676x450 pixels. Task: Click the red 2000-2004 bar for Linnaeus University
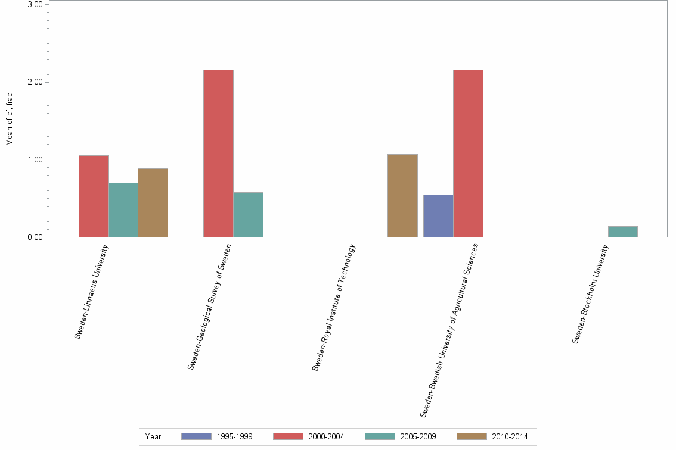94,196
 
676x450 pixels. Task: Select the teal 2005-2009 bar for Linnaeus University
123,210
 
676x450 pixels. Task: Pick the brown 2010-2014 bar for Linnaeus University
153,203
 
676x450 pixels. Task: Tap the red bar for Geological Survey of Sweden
218,154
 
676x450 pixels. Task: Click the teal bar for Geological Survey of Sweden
248,215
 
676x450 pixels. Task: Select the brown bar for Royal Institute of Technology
402,196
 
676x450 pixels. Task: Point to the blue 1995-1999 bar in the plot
438,216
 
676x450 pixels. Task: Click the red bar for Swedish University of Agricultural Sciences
468,154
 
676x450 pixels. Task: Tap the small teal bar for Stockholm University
622,232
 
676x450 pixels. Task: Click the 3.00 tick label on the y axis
35,5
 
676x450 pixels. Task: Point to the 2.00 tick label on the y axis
35,82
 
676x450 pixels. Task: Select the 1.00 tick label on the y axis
35,160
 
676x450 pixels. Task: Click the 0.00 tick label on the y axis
35,237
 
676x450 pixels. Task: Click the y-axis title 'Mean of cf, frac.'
9,119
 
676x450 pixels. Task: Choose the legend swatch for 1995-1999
196,436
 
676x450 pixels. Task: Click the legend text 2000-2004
326,436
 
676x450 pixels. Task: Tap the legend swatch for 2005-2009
380,436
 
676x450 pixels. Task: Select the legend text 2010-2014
510,436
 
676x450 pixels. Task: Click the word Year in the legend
153,436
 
